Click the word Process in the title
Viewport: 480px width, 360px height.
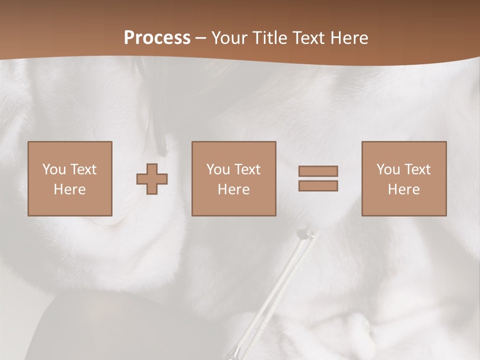pyautogui.click(x=157, y=38)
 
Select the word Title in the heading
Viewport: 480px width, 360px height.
pyautogui.click(x=270, y=38)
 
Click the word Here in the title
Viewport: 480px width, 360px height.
pyautogui.click(x=350, y=38)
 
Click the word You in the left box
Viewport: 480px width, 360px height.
pyautogui.click(x=53, y=169)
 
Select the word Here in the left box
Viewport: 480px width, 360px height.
pyautogui.click(x=69, y=189)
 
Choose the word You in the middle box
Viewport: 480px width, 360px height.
pyautogui.click(x=217, y=169)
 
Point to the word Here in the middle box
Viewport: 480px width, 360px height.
pyautogui.click(x=233, y=189)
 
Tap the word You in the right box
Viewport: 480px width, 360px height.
pyautogui.click(x=387, y=169)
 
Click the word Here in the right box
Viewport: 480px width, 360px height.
pyautogui.click(x=403, y=189)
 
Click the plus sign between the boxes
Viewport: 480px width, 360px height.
pyautogui.click(x=152, y=178)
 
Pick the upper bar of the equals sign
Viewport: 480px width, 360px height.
pyautogui.click(x=318, y=171)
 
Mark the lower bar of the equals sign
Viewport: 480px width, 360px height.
pyautogui.click(x=318, y=186)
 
